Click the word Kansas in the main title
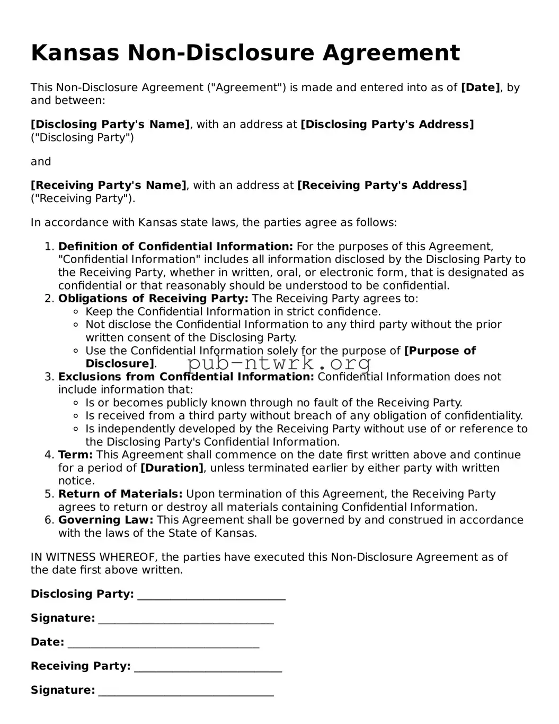(75, 53)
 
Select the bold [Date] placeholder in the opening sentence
(480, 88)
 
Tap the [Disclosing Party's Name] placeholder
(110, 125)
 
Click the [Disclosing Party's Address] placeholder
(387, 125)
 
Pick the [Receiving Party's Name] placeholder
(108, 186)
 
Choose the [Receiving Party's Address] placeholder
(382, 186)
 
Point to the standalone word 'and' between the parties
(41, 162)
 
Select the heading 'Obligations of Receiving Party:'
(153, 299)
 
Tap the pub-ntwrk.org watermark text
(279, 364)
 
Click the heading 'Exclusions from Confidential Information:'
(186, 377)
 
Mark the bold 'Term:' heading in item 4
(75, 455)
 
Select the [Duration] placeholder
(172, 468)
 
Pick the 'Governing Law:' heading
(105, 520)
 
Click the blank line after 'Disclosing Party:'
(211, 595)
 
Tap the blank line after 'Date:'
(164, 643)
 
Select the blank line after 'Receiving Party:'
(208, 667)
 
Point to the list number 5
(49, 494)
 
